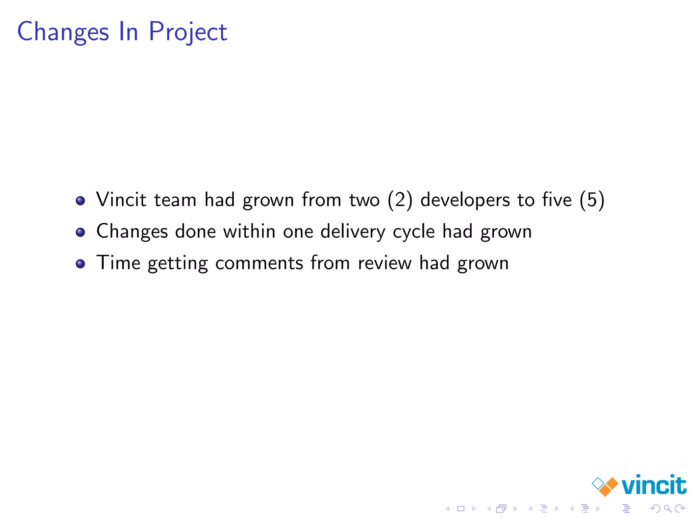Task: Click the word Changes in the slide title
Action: (63, 32)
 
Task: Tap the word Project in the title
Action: (188, 32)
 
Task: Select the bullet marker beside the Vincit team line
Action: (80, 201)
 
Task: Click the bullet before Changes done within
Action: (80, 232)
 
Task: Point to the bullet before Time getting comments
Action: (80, 264)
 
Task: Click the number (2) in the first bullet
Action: (400, 200)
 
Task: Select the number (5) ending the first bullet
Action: (592, 200)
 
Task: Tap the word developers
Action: (465, 200)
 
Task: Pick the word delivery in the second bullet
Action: (352, 232)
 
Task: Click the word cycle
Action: (414, 232)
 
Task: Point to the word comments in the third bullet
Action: (259, 263)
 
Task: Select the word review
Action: (385, 263)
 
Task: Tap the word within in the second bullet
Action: (249, 231)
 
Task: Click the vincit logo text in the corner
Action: (653, 485)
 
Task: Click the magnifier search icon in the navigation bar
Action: (667, 508)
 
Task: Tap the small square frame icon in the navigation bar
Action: (461, 508)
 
